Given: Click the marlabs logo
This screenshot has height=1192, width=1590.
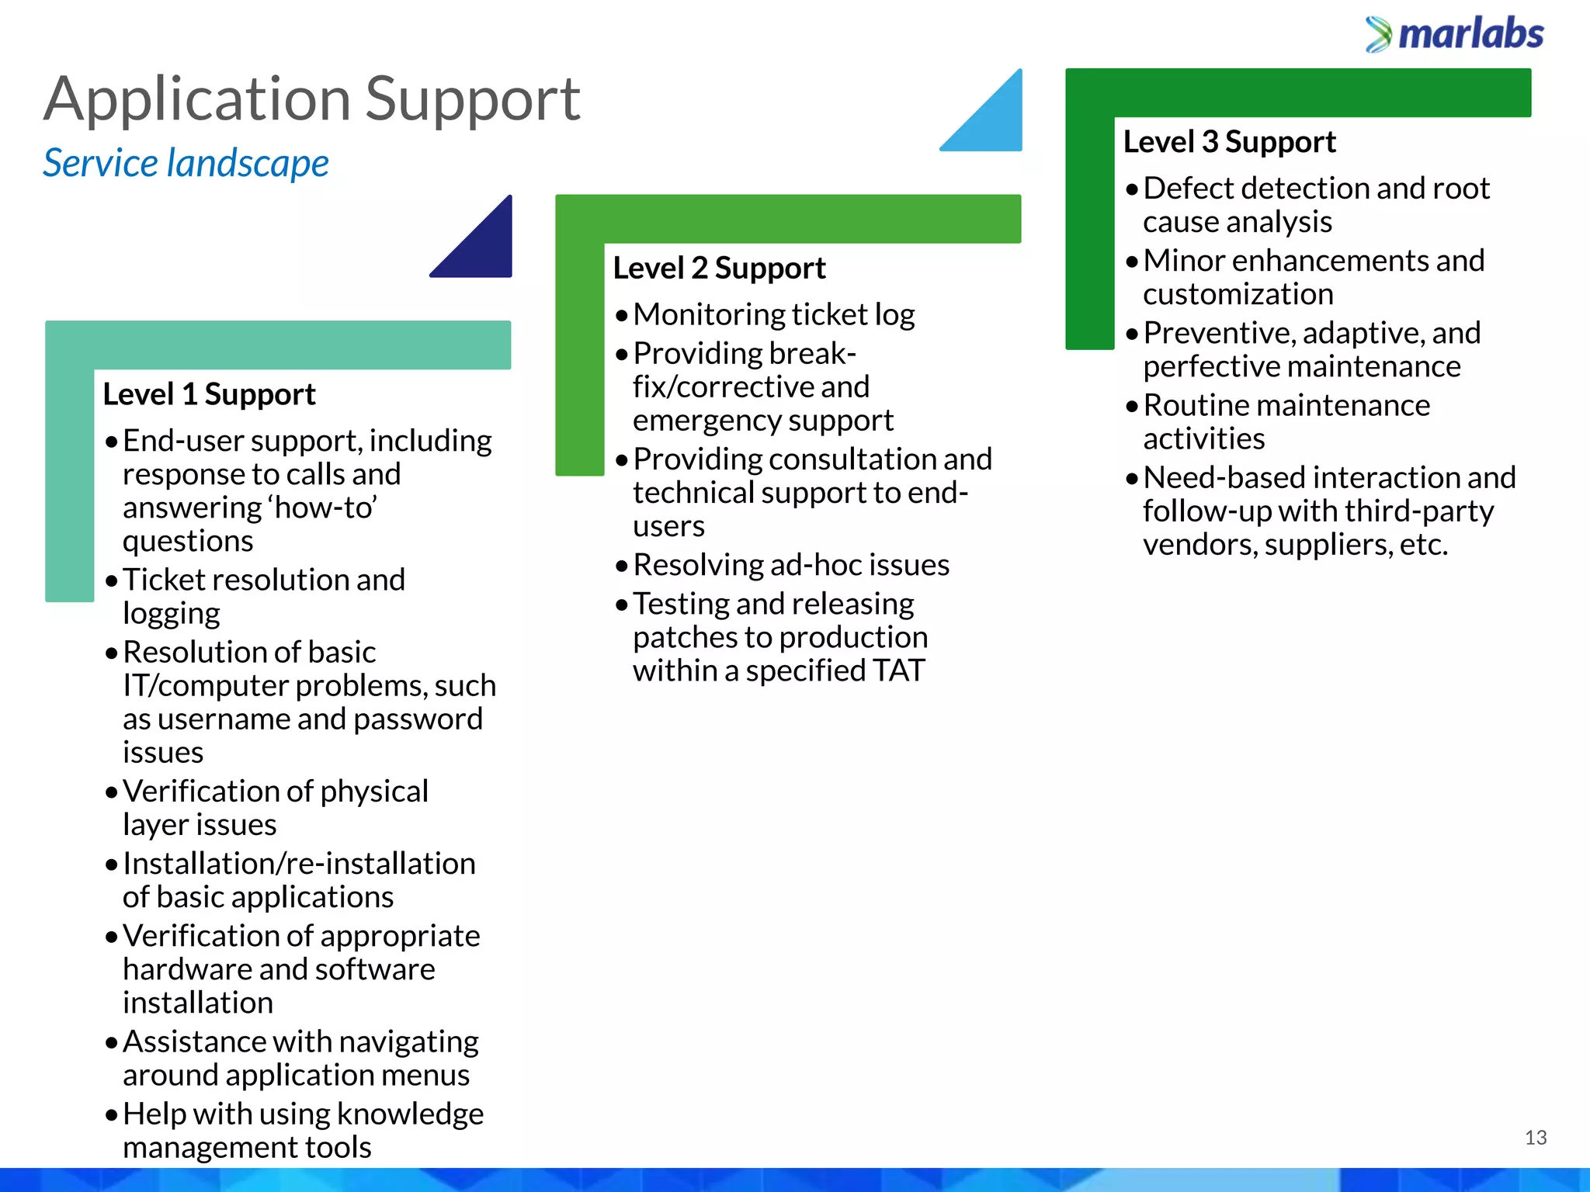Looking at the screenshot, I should point(1455,34).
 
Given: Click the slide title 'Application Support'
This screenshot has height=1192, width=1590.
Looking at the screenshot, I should point(311,99).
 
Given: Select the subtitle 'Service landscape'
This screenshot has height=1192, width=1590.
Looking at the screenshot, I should point(186,163).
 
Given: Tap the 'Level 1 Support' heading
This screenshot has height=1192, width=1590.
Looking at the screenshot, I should point(209,394).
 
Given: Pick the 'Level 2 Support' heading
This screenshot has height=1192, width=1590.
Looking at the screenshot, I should point(719,269).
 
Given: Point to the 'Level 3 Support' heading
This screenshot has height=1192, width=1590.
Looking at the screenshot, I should point(1229,142).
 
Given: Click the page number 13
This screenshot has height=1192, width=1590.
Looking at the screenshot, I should point(1535,1138).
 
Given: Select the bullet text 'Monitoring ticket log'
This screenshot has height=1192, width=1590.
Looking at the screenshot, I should point(773,315).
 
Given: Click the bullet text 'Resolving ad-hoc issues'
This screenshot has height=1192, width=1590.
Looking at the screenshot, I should point(790,565).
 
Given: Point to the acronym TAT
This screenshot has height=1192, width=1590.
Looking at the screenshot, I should point(898,670).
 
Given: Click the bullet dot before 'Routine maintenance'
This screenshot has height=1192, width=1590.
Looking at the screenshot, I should point(1132,406).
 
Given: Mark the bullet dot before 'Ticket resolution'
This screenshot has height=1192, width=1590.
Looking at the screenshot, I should point(112,580).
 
